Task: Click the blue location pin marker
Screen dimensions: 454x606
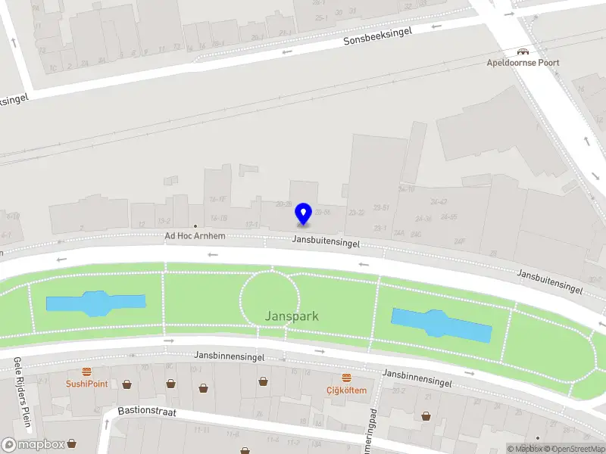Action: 304,213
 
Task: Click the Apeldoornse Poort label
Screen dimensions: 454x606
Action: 523,63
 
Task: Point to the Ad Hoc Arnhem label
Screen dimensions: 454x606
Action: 195,236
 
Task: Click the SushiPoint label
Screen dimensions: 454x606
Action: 86,384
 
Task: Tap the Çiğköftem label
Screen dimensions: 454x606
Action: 346,390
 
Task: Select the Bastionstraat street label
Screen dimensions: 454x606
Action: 148,411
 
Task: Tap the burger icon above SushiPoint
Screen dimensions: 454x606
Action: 87,372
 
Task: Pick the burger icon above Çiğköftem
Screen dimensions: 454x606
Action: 346,378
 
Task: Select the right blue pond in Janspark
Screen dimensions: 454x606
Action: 442,323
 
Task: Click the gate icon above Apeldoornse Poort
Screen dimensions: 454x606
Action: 522,51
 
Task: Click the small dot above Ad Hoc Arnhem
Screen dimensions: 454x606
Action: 195,226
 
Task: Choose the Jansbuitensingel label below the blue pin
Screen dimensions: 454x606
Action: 326,244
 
